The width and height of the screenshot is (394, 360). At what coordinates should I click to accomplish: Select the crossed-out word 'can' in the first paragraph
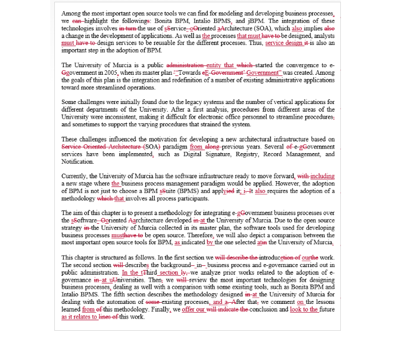point(76,20)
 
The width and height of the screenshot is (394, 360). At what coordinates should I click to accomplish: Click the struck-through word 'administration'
point(186,65)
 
